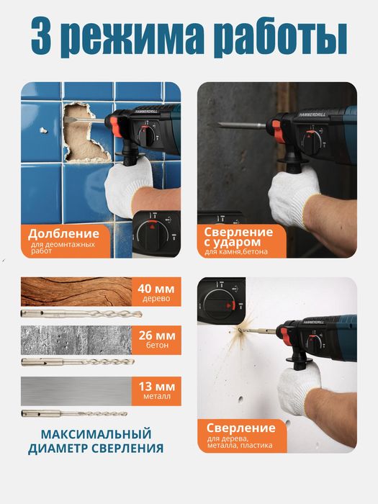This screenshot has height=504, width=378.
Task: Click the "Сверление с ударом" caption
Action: point(238,237)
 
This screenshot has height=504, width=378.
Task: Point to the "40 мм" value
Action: point(156,289)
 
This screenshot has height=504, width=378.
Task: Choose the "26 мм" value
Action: point(156,335)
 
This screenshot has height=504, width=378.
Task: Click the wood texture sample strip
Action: point(76,292)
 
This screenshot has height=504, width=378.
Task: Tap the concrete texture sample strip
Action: point(76,338)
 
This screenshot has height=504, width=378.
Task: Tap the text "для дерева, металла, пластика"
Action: point(238,441)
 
